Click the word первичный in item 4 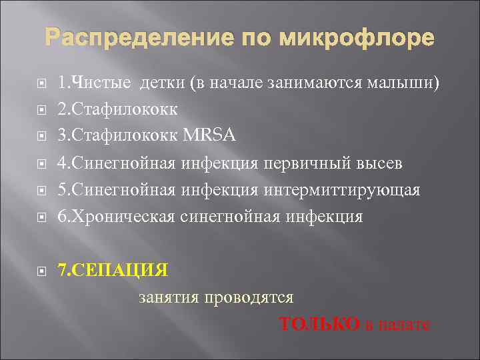(x=308, y=164)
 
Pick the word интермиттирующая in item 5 (x=342, y=190)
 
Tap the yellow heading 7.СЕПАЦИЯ (x=113, y=270)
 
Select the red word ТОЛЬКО (x=319, y=324)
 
